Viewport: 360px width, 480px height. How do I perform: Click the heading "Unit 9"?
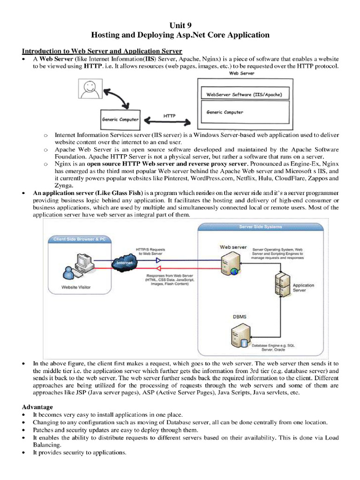click(x=180, y=25)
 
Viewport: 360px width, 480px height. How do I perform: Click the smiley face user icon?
click(x=90, y=89)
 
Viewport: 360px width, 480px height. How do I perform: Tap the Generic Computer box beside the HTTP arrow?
click(x=120, y=120)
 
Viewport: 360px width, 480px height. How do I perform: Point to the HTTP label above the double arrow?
click(x=169, y=116)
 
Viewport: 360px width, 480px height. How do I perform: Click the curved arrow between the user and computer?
click(x=117, y=98)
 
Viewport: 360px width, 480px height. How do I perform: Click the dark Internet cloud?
click(x=124, y=262)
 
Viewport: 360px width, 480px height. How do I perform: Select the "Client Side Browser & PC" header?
click(x=80, y=240)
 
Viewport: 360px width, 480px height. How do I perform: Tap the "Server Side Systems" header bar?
click(x=261, y=227)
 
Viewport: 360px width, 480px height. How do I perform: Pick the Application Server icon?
click(x=282, y=285)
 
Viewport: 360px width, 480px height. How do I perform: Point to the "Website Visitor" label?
click(x=76, y=287)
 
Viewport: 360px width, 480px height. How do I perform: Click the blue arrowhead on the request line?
click(x=158, y=261)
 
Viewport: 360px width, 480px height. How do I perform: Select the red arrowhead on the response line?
click(x=158, y=269)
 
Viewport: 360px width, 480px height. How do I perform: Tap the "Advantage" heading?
click(x=37, y=407)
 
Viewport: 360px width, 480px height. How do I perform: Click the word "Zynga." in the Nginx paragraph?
click(x=64, y=186)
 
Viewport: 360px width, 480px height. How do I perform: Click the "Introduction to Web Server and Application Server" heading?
click(x=102, y=51)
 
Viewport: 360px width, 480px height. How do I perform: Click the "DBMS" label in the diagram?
click(x=240, y=316)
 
